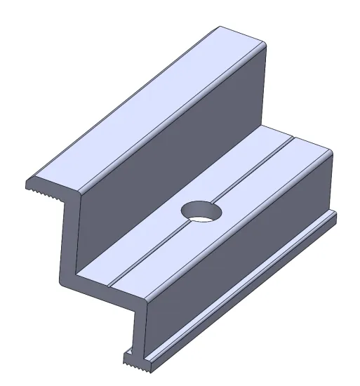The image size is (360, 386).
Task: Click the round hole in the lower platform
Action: (200, 210)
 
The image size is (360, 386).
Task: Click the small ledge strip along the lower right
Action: (239, 288)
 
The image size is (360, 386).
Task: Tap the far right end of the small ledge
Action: (335, 218)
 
